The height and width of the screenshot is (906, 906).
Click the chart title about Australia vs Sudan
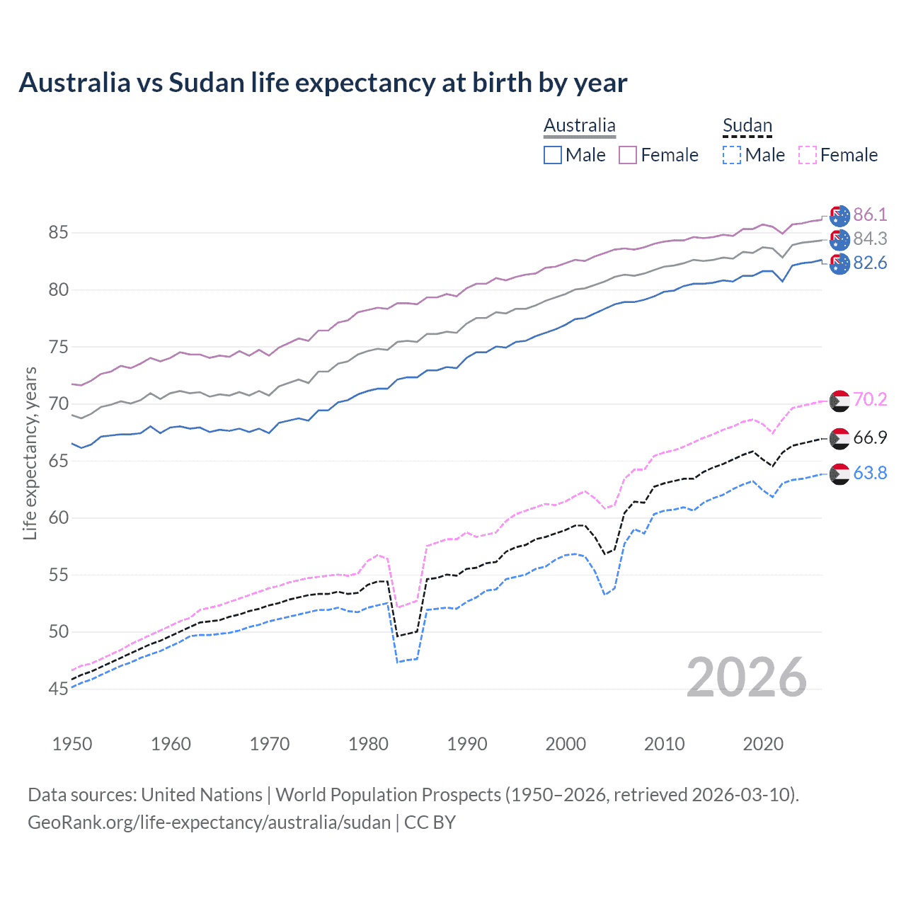(323, 83)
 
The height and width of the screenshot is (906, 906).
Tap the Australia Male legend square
(553, 155)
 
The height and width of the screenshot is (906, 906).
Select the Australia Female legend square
(628, 155)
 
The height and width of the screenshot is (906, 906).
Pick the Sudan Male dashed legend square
(732, 155)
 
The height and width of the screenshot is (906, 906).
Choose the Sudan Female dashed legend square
(808, 155)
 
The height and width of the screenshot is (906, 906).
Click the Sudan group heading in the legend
(747, 125)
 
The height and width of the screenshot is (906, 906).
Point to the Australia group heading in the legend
(580, 125)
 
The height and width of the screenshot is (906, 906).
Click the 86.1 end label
(870, 215)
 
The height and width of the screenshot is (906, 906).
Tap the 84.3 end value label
(870, 239)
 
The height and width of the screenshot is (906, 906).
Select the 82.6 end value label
(870, 263)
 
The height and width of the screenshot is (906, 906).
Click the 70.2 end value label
(870, 400)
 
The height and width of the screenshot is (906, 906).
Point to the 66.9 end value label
(870, 438)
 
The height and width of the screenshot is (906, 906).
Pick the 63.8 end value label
(870, 474)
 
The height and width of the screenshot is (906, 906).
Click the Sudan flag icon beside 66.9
(839, 439)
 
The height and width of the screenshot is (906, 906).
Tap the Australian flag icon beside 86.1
(839, 216)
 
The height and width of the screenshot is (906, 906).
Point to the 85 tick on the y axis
(59, 233)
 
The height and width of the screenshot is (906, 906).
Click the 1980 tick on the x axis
(369, 744)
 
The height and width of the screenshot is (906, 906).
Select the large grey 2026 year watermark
(747, 678)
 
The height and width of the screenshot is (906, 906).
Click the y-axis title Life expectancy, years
(30, 453)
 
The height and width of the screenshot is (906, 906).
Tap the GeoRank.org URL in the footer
(210, 822)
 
